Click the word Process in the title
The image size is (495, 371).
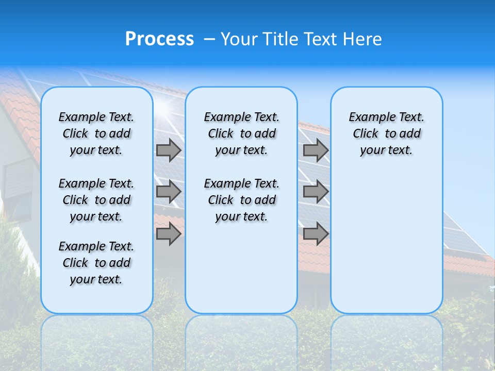pos(159,39)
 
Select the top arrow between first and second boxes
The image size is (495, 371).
pos(169,150)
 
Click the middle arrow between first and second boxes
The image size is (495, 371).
pos(169,192)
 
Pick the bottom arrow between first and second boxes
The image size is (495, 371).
pos(169,234)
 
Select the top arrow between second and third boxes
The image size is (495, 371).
pos(316,150)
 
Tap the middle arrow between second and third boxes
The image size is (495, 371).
pos(316,192)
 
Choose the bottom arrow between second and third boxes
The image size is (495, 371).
pos(316,234)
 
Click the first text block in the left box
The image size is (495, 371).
pos(96,133)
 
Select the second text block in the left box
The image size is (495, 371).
pos(96,200)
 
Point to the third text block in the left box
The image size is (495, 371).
pos(96,263)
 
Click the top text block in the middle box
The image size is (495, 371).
pos(241,133)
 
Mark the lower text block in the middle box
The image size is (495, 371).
pos(241,200)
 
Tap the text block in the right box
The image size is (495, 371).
pos(386,133)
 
